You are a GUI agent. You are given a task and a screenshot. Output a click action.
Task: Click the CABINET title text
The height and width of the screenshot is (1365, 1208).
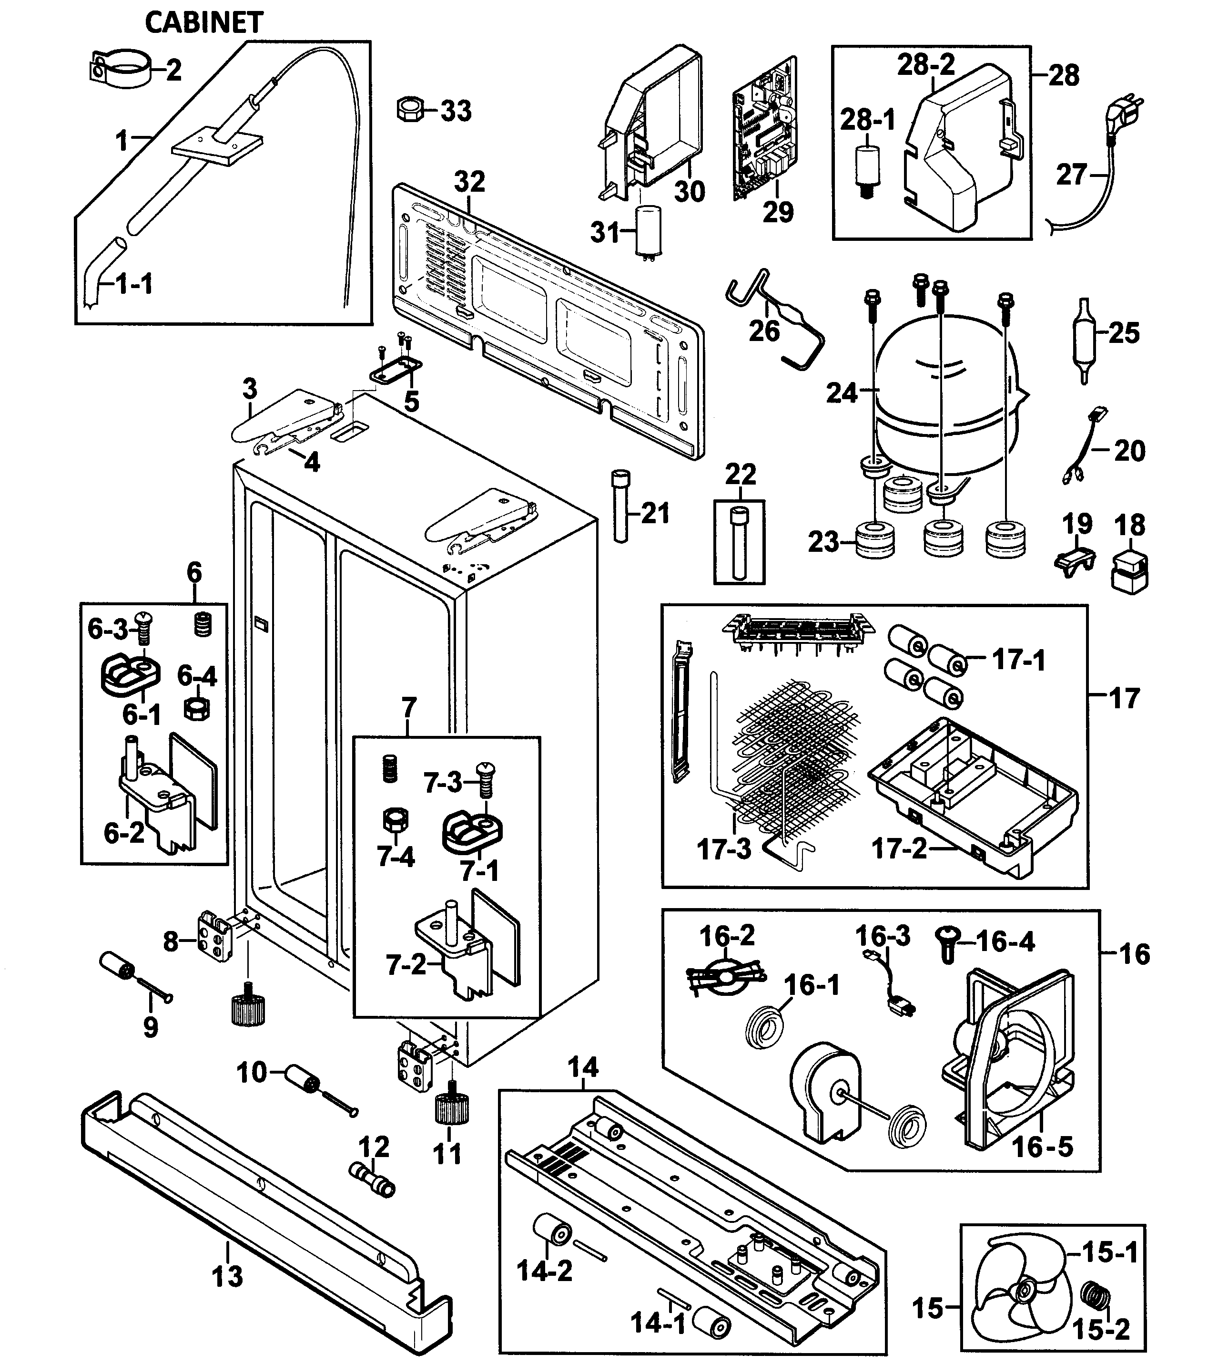(x=204, y=23)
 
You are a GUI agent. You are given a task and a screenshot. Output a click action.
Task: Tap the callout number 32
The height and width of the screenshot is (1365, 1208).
(x=469, y=182)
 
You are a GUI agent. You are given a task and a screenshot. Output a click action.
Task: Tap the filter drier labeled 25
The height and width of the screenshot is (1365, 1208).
(x=1083, y=334)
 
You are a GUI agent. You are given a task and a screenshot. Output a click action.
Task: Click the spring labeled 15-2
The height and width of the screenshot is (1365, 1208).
(x=1096, y=1303)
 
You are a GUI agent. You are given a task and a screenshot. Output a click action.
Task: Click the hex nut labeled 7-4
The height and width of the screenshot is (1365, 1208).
(x=395, y=819)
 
